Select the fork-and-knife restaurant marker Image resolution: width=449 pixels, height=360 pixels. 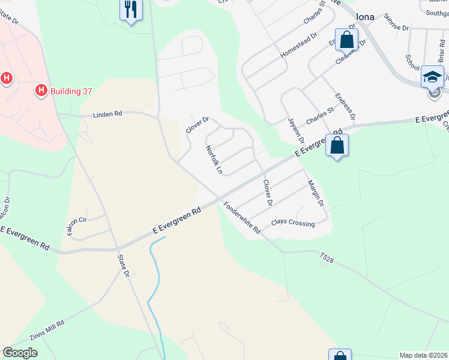pos(130,10)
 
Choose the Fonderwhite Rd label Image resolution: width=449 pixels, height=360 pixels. pos(243,218)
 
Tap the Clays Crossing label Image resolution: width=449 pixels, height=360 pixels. pos(293,223)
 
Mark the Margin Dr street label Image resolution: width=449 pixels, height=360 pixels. pos(315,194)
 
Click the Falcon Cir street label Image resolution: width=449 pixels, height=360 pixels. pos(77,223)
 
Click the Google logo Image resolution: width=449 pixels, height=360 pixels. pos(20,353)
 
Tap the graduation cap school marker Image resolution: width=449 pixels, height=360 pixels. pos(432,76)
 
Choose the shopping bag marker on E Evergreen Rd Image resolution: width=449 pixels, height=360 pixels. pos(337,145)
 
